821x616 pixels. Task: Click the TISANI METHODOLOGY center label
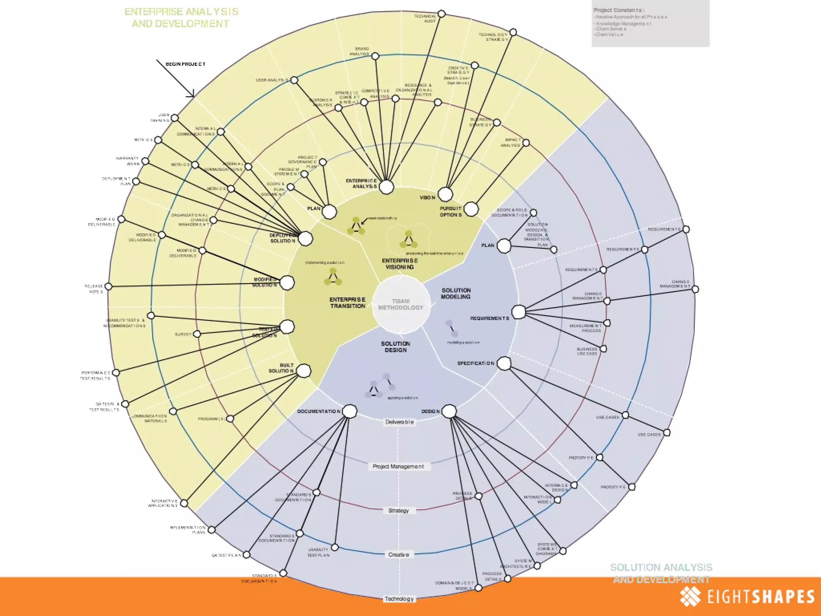coord(400,304)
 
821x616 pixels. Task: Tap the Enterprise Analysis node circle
coord(386,187)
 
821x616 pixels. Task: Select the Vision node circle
coord(445,195)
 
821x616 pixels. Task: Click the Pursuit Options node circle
coord(471,209)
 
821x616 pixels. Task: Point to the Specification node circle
coord(504,363)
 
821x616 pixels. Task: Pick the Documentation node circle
coord(350,411)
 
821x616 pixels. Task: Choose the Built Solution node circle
coord(303,371)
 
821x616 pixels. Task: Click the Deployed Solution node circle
coord(305,239)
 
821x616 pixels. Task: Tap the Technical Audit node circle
coord(441,14)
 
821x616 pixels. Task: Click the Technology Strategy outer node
coord(513,32)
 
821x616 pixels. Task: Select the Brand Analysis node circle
coord(375,56)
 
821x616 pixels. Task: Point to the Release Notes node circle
coord(109,287)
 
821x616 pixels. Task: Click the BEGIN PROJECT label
coord(186,64)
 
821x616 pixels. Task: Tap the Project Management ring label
coord(398,466)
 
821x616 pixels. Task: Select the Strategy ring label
coord(398,511)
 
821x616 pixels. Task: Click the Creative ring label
coord(398,555)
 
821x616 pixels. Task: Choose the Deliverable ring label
coord(399,422)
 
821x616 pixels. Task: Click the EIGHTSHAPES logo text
coord(760,596)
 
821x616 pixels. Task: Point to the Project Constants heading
coord(619,10)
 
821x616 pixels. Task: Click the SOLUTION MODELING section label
coord(456,294)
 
